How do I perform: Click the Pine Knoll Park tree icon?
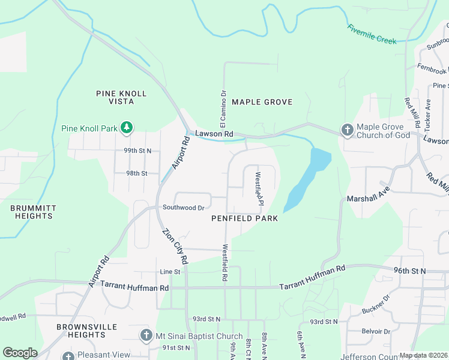tap(126, 127)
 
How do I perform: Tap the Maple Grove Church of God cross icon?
tap(347, 130)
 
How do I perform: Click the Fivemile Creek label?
tap(372, 34)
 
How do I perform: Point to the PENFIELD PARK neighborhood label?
tap(244, 218)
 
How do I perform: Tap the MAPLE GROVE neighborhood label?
tap(262, 102)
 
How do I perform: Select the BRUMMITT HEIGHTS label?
tap(33, 212)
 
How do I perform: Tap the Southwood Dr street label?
tap(183, 208)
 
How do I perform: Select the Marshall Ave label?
tap(369, 198)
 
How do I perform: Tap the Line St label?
tap(169, 272)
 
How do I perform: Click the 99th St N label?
tap(137, 151)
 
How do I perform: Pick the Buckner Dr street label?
tap(376, 305)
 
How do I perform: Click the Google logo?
tap(20, 352)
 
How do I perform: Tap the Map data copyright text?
tap(423, 355)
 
